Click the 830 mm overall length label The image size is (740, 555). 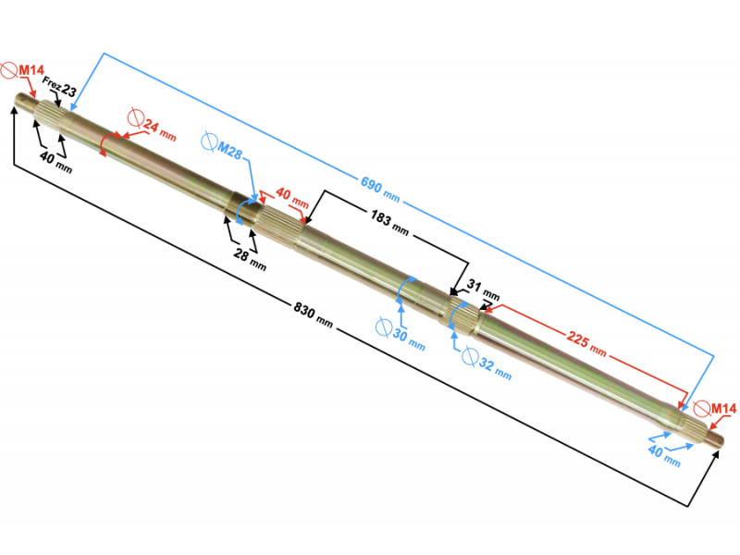(x=314, y=314)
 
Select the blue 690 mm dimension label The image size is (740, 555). (x=380, y=190)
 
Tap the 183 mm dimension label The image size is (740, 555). (x=389, y=223)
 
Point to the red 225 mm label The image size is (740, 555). (x=586, y=343)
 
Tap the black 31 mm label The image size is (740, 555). (x=483, y=290)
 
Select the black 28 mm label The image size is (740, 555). (x=250, y=260)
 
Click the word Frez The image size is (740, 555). (x=52, y=84)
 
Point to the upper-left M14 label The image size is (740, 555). (x=31, y=71)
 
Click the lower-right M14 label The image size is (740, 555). (x=723, y=409)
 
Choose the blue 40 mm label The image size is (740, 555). (x=664, y=456)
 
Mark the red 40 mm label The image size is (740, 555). (x=292, y=198)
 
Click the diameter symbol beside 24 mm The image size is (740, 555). (x=135, y=117)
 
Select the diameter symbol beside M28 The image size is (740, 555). (x=208, y=142)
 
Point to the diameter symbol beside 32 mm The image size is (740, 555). (x=470, y=356)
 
